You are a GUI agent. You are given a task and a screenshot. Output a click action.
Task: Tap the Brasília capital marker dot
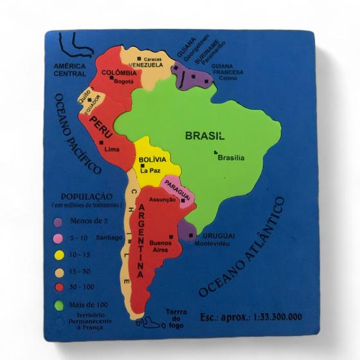217,152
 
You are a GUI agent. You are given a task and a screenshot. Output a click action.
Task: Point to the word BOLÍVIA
152,159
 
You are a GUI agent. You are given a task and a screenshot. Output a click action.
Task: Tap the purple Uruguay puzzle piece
189,230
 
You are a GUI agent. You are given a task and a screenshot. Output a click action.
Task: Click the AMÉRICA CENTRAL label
70,69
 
